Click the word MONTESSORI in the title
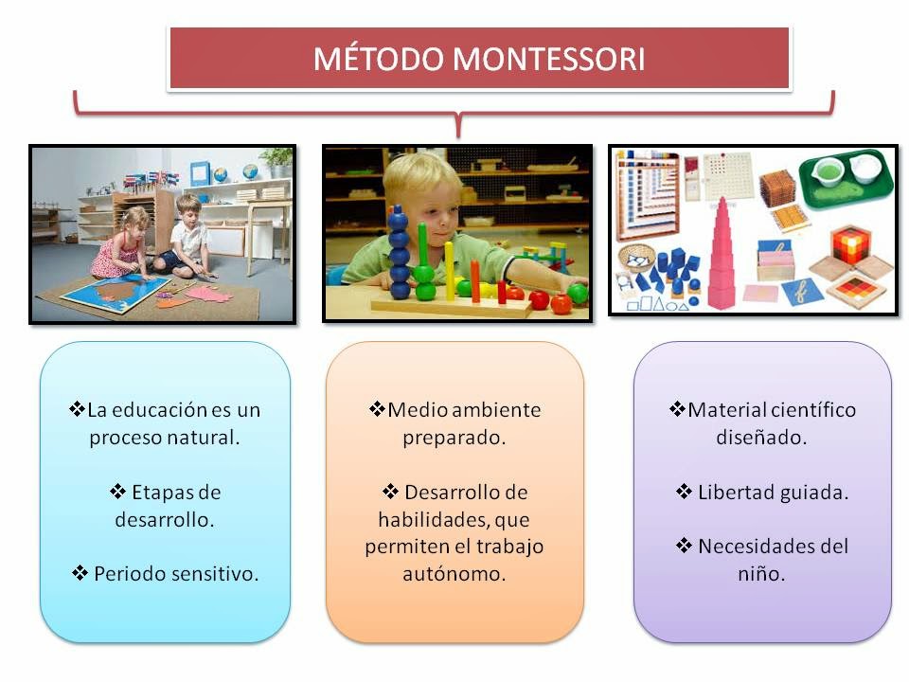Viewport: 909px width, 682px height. point(548,59)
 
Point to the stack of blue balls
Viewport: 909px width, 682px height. point(400,252)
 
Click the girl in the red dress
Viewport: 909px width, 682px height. point(118,243)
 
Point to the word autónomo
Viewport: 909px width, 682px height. point(454,574)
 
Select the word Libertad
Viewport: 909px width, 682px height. point(735,493)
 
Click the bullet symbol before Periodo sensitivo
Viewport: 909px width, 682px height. point(80,573)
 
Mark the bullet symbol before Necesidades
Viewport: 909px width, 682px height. point(684,546)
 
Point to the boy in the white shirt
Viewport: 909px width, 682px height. point(187,238)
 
